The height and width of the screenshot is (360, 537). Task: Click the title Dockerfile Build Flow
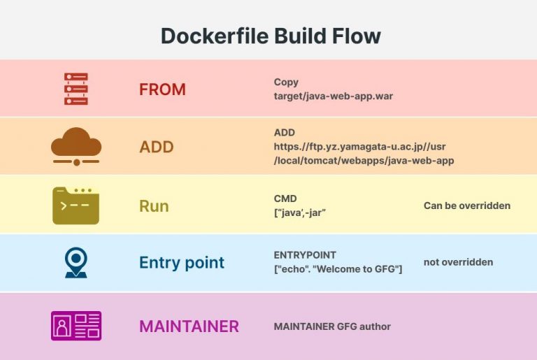(271, 36)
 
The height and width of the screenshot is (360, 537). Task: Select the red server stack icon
(76, 89)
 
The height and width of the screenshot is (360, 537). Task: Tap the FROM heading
(162, 89)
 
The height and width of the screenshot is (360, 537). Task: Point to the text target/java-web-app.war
(333, 96)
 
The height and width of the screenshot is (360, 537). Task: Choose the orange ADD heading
(156, 147)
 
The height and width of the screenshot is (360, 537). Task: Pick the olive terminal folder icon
(76, 206)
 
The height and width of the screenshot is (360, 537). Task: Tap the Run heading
(154, 206)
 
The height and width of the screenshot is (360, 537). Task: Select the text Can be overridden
(466, 206)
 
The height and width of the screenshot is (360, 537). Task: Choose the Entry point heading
(182, 263)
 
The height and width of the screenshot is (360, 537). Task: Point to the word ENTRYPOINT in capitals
(305, 255)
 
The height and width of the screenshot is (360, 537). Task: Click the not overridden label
(458, 262)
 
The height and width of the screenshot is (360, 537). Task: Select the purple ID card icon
(76, 326)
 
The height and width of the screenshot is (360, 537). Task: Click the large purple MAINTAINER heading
(189, 326)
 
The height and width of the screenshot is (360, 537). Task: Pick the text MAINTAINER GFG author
(332, 326)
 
